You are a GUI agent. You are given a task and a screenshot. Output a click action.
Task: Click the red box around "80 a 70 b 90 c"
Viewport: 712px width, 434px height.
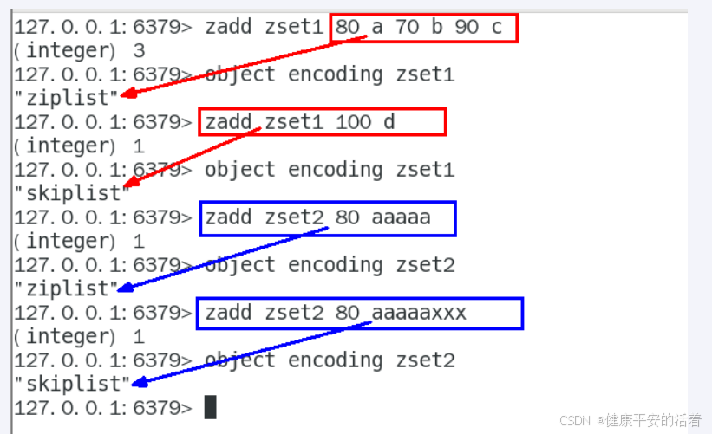click(x=423, y=27)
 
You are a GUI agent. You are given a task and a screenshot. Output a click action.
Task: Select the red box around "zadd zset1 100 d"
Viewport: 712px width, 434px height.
click(x=323, y=122)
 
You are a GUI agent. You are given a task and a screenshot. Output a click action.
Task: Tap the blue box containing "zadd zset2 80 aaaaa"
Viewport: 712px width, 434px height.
click(x=327, y=217)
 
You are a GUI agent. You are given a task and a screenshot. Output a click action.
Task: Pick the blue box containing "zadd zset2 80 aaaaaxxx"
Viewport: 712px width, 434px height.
click(x=360, y=313)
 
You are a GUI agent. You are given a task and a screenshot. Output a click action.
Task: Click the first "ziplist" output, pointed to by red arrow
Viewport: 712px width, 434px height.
click(x=65, y=99)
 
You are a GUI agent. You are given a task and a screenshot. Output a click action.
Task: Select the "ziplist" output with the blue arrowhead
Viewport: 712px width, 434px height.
click(x=65, y=288)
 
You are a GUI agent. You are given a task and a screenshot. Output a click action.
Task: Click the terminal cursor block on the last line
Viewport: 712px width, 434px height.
click(x=211, y=407)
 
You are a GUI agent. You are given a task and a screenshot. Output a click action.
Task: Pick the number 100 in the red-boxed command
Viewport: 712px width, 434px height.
click(x=353, y=122)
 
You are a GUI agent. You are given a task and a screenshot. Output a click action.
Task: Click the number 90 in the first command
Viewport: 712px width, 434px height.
click(x=467, y=27)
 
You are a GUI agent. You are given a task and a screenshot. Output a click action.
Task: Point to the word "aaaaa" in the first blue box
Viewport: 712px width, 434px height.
click(x=401, y=217)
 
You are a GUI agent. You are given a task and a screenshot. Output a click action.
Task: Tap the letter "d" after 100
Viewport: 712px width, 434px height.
click(x=389, y=122)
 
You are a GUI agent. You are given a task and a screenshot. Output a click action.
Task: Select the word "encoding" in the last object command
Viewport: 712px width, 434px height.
click(x=341, y=360)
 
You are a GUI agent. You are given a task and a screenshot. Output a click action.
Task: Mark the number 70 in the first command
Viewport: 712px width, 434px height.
click(x=407, y=27)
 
